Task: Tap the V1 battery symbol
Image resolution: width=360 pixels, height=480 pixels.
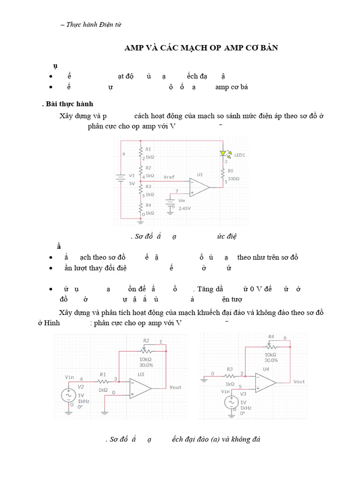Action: [121, 177]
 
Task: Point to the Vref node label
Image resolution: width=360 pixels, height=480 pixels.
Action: [169, 177]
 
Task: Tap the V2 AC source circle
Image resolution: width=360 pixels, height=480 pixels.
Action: [69, 395]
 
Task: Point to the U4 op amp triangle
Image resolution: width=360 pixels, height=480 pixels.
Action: [266, 382]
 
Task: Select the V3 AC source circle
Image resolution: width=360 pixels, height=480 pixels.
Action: [231, 402]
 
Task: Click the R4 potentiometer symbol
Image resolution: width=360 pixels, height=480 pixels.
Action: [270, 346]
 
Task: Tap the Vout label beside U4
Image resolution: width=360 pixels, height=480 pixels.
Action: [299, 382]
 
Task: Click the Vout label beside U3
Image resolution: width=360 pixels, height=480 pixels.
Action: [175, 387]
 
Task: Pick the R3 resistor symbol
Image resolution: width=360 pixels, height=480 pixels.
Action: [229, 375]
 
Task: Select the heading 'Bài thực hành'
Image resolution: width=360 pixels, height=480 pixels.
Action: [72, 104]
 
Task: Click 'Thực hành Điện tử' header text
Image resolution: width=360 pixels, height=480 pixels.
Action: [94, 25]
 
